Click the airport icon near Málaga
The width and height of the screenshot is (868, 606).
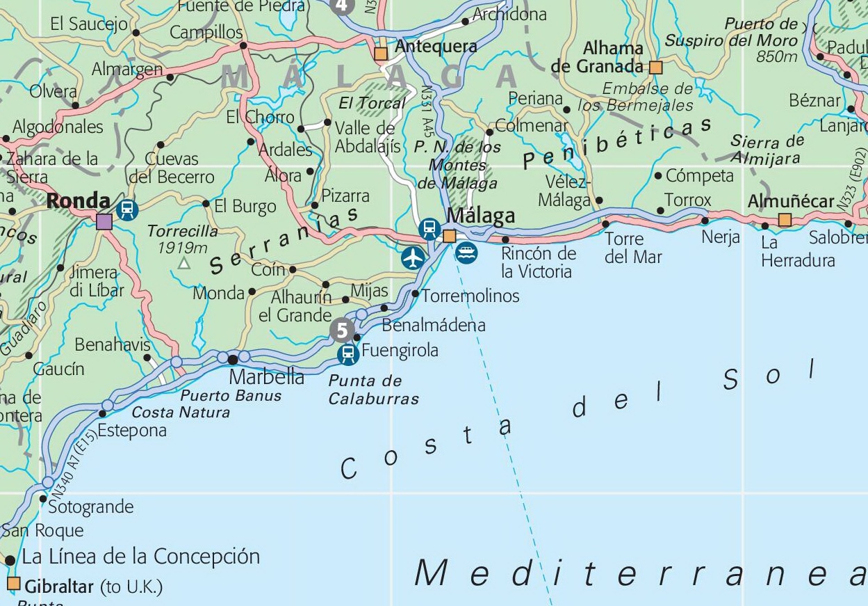tap(413, 257)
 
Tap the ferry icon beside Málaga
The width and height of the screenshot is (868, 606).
tap(467, 253)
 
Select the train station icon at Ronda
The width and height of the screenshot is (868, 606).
tap(127, 209)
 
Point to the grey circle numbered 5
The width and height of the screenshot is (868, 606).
tap(341, 330)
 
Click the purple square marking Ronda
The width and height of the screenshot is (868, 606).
tap(104, 222)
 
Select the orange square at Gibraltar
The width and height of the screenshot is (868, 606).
tap(13, 583)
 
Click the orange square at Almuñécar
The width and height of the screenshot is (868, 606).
tap(785, 221)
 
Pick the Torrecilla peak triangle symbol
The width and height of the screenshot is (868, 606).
tap(183, 263)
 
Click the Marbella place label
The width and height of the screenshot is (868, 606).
tap(266, 377)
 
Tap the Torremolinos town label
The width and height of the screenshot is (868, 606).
tap(470, 296)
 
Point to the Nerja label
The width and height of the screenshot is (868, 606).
tap(721, 237)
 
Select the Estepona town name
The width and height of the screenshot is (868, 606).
tap(132, 430)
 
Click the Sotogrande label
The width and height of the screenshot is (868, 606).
tap(90, 507)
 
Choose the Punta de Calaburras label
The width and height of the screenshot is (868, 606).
tap(374, 390)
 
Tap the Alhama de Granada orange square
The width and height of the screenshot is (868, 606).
tap(655, 67)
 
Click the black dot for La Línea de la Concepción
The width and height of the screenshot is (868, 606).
tap(10, 560)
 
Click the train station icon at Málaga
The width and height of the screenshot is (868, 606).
tap(429, 228)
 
